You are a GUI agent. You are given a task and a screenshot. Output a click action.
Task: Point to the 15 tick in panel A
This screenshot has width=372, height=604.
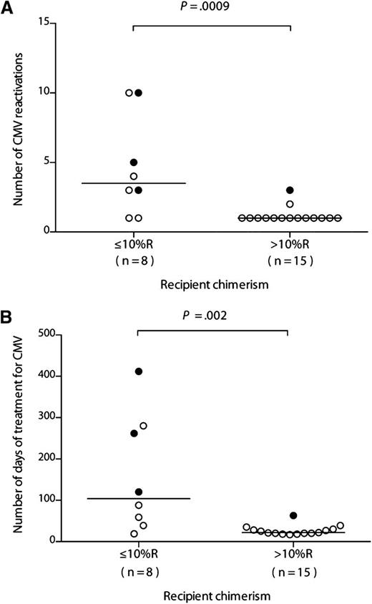44,23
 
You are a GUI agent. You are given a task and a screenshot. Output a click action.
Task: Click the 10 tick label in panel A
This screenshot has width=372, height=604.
44,92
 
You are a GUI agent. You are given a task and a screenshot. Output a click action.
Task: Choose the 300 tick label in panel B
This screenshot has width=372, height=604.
41,417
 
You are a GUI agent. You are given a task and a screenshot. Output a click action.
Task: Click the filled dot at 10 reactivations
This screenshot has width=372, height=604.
139,92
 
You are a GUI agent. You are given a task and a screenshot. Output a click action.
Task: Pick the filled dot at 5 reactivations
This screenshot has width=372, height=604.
134,162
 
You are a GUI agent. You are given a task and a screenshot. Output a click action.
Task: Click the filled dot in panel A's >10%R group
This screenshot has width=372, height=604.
290,190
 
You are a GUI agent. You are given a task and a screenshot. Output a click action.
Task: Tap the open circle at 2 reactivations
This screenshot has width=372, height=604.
290,204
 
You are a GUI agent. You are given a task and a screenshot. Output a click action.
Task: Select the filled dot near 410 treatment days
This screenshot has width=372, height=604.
139,371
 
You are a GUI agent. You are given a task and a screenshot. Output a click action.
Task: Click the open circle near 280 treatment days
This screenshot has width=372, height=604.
143,427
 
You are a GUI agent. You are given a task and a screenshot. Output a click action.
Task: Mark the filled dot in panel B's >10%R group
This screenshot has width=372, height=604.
293,515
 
